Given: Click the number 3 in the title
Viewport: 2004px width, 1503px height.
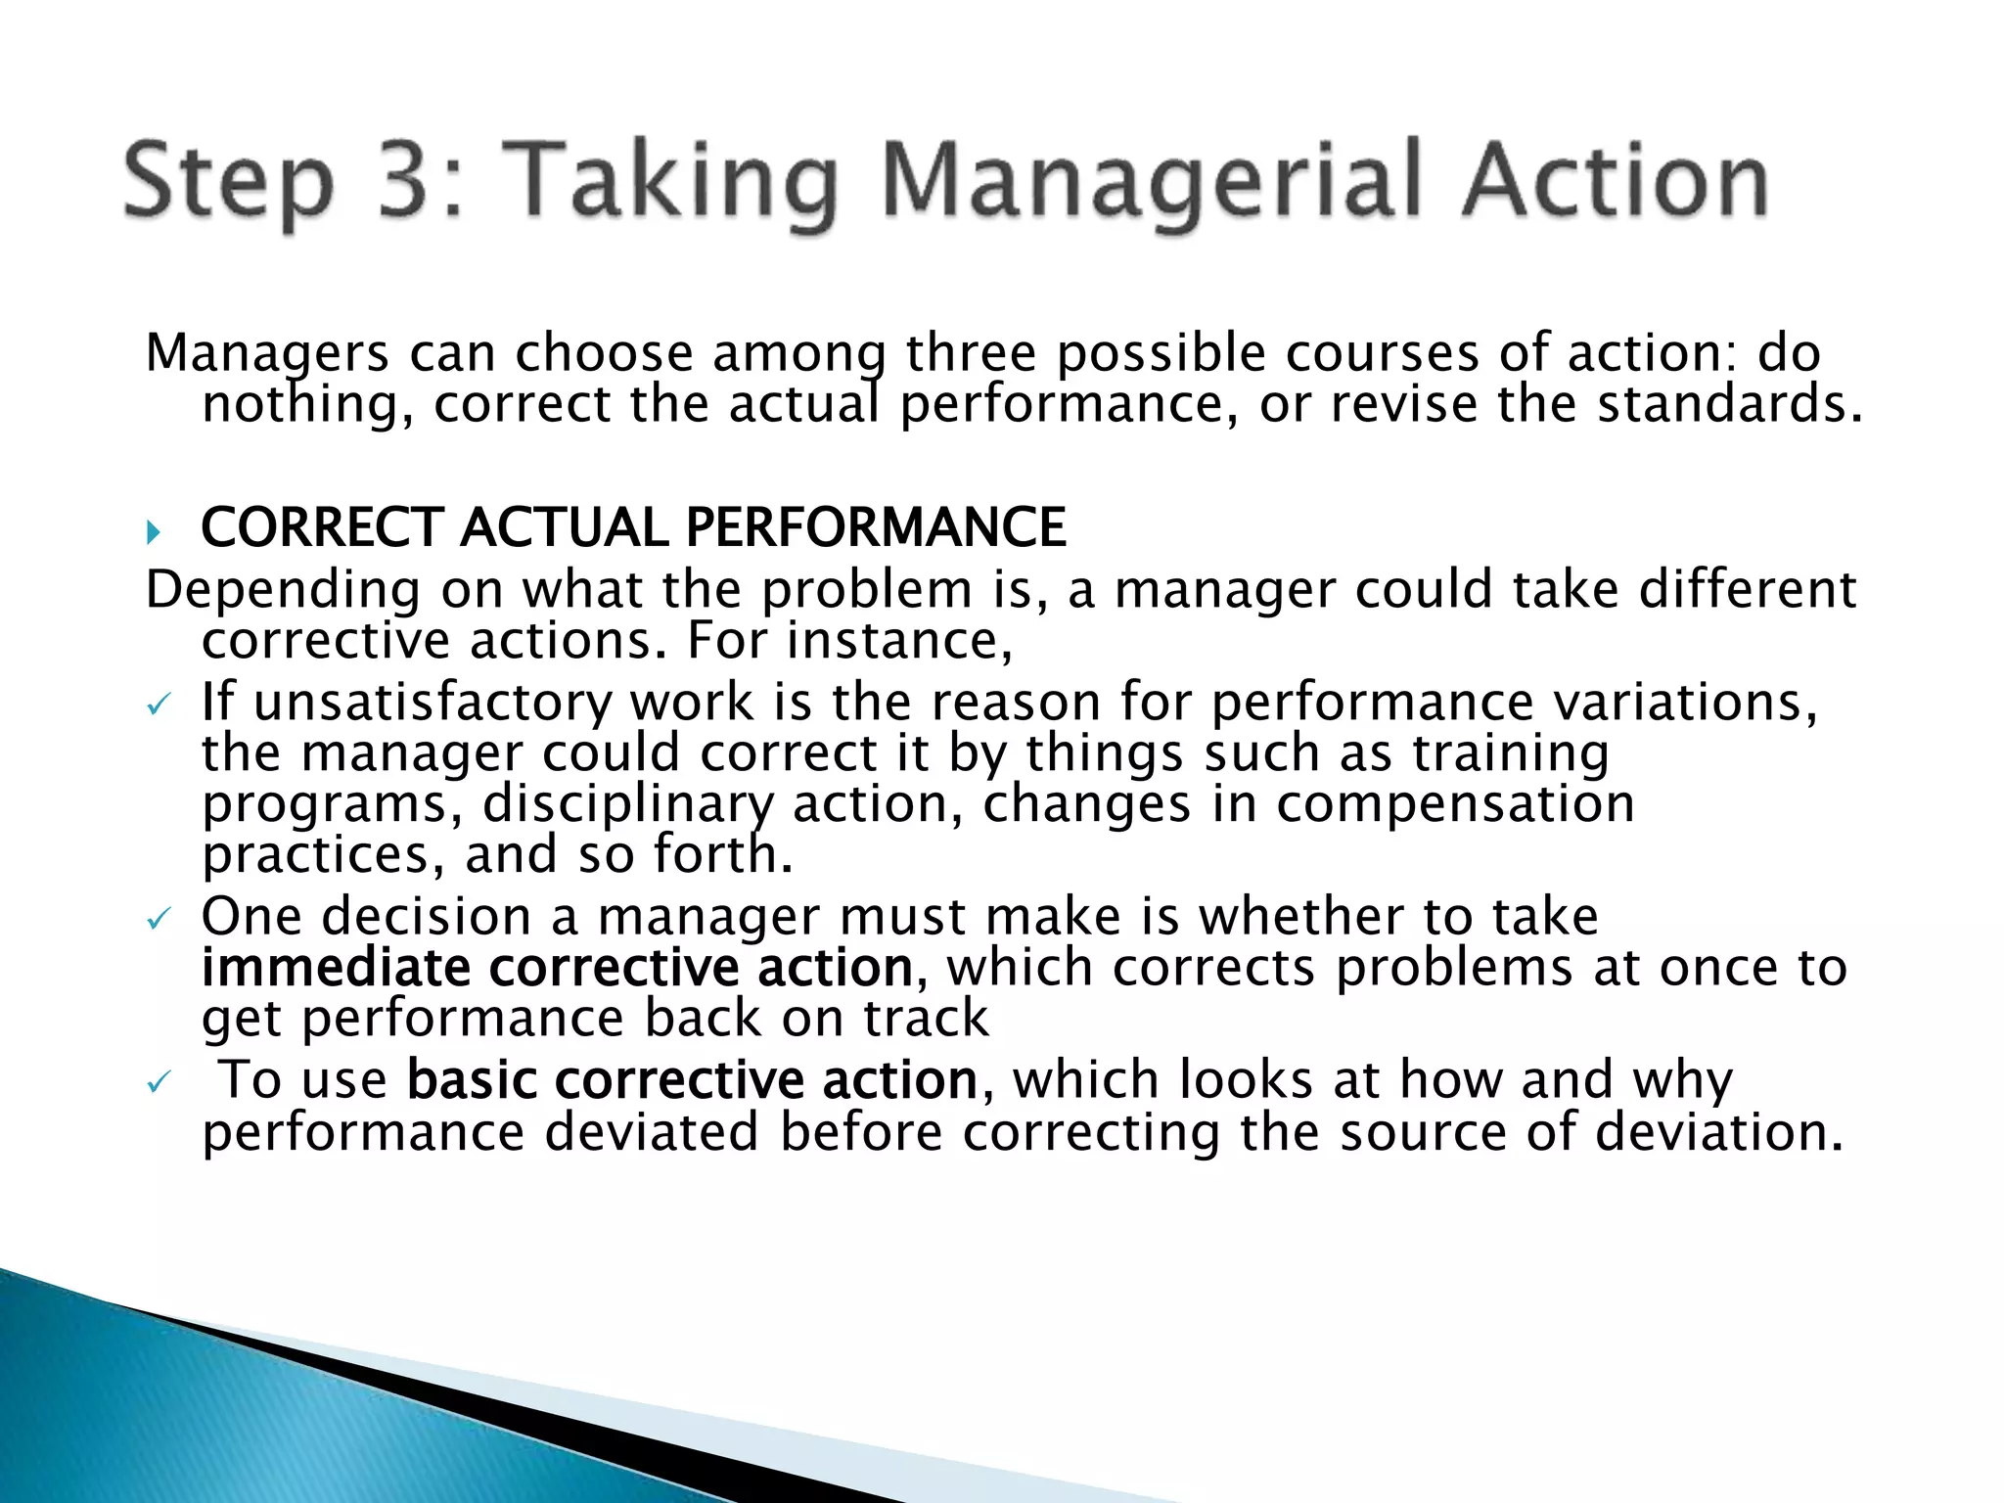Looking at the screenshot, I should click(407, 181).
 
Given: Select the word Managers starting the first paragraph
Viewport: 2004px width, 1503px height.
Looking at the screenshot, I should click(267, 354).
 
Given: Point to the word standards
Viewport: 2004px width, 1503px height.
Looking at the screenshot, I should click(1728, 403).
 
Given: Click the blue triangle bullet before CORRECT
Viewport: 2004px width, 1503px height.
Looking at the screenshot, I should click(153, 533).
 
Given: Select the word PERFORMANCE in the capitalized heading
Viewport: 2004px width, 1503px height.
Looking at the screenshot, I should click(876, 527).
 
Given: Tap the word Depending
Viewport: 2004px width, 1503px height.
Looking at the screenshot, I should click(283, 591).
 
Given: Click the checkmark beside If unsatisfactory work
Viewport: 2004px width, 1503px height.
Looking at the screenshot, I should click(158, 705).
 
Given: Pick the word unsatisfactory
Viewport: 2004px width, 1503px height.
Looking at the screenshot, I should click(432, 703).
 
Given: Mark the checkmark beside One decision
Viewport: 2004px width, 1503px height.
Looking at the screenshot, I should click(158, 919).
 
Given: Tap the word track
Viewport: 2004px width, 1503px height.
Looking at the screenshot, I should click(926, 1019).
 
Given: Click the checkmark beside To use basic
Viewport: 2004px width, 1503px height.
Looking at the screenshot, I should click(158, 1082).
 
